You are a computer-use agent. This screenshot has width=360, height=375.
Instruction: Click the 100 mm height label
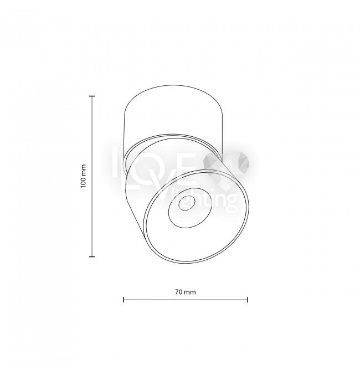click(83, 176)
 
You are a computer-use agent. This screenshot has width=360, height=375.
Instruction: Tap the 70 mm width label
click(186, 292)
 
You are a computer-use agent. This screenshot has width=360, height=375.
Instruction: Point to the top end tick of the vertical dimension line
click(92, 96)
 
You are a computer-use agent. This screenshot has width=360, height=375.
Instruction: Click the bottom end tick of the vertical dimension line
click(92, 256)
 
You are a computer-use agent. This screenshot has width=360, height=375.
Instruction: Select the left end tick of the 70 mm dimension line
click(124, 300)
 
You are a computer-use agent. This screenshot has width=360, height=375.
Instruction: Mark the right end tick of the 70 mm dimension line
click(248, 300)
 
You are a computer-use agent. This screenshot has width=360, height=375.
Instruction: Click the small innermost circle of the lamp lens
click(187, 203)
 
